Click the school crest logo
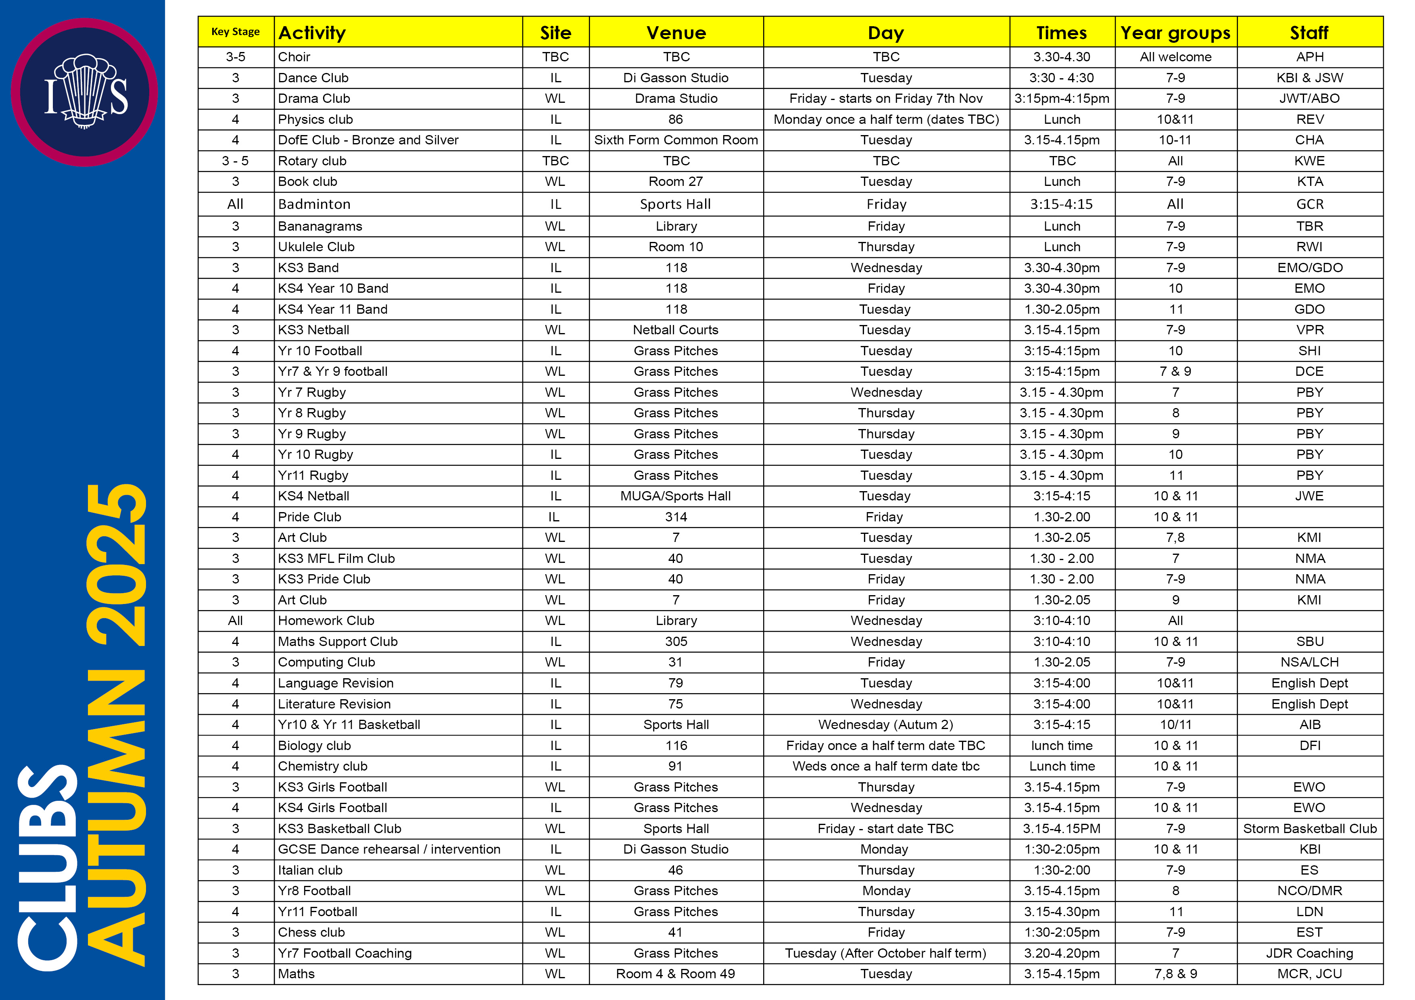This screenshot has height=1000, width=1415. point(84,92)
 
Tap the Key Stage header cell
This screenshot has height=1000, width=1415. point(236,32)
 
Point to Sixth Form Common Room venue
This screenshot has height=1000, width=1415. point(676,140)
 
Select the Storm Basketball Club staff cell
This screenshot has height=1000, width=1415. point(1310,829)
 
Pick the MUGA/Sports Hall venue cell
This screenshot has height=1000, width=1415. point(676,496)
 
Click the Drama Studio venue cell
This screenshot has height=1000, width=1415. point(676,98)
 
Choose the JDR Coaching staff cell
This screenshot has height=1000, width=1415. point(1310,953)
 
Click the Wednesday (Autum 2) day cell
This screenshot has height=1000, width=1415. point(886,725)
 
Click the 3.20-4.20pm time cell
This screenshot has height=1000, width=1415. point(1062,953)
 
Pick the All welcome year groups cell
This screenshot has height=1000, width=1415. point(1175,57)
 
